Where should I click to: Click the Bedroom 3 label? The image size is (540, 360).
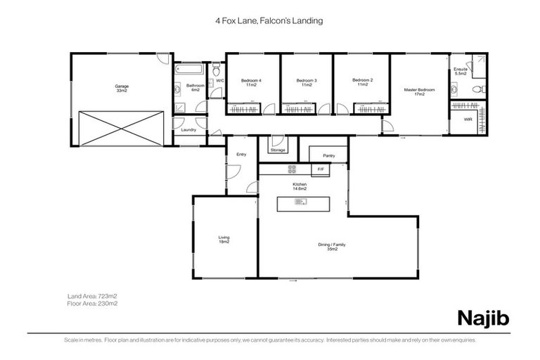point(307,82)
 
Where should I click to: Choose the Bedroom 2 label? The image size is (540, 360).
point(362,82)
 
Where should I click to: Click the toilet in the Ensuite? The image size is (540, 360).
point(479,89)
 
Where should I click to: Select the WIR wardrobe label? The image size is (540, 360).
point(468,120)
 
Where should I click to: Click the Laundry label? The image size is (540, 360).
point(188,130)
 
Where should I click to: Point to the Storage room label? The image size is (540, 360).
point(278,150)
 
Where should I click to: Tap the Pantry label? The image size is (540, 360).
point(328,155)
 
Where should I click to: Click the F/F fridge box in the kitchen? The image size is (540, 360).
point(321,169)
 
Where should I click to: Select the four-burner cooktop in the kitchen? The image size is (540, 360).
point(292,169)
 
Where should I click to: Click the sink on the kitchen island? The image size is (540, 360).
point(300,202)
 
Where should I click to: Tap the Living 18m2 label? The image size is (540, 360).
point(224,239)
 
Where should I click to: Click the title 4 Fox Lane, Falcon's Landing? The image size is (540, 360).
point(269,21)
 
